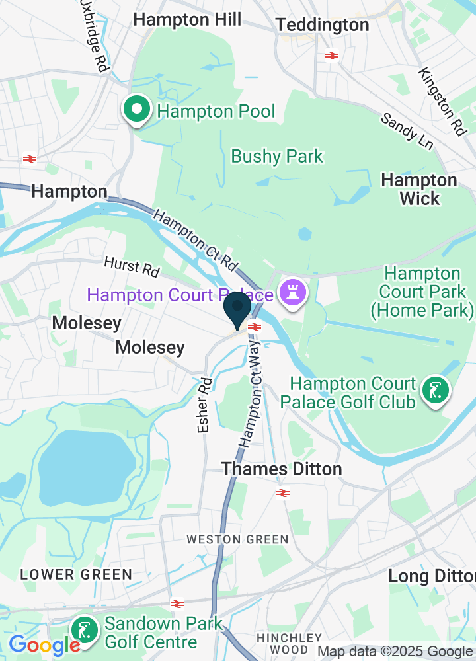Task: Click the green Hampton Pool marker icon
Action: [x=136, y=110]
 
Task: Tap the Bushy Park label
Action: [x=277, y=157]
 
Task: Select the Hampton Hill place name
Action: [x=187, y=20]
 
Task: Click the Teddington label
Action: [x=322, y=25]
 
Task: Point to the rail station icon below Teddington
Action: [x=332, y=56]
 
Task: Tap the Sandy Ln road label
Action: [x=402, y=129]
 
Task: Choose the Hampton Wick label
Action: [x=419, y=189]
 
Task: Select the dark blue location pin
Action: [x=237, y=309]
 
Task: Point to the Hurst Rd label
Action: [x=132, y=266]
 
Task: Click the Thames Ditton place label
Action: [x=282, y=469]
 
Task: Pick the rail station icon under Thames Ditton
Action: [x=283, y=493]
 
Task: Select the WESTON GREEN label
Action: [x=237, y=539]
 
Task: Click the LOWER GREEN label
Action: [x=76, y=574]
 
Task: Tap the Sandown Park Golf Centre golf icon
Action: [x=85, y=631]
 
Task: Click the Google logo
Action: [x=44, y=644]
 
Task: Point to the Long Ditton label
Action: [x=432, y=576]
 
